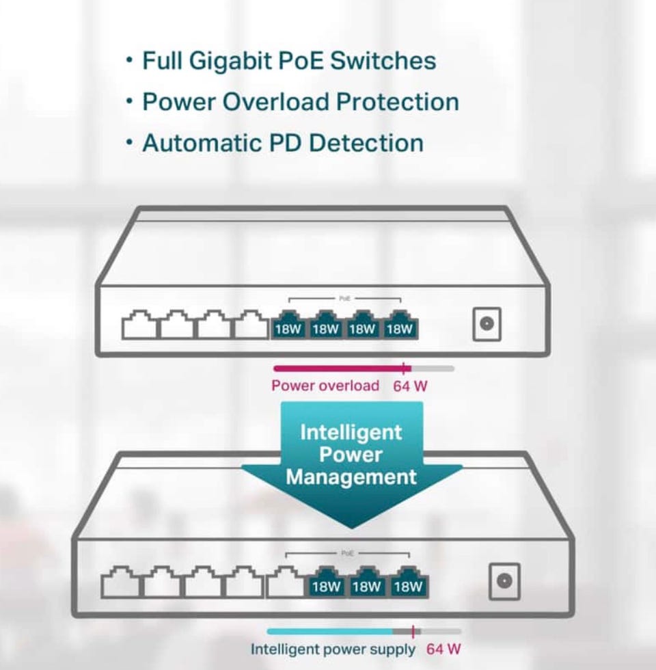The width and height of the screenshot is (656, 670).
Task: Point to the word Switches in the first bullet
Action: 383,60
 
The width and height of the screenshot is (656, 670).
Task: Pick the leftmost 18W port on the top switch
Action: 288,326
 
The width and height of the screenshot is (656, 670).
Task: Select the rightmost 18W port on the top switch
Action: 400,326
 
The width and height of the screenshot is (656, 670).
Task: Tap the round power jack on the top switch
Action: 487,324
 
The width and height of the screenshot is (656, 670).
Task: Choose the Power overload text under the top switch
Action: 325,386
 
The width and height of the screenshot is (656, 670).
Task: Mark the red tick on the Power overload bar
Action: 405,368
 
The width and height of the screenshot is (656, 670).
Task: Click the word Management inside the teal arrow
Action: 351,477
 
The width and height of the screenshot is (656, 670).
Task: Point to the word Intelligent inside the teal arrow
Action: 351,432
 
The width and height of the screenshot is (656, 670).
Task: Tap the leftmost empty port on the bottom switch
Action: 120,583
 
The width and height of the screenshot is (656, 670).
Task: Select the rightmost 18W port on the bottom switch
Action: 409,583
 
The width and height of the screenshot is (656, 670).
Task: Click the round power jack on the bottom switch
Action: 504,581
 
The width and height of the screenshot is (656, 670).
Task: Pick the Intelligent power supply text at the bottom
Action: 333,649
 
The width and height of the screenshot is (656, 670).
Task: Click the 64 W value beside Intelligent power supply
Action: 443,649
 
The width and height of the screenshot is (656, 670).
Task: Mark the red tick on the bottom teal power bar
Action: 413,632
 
